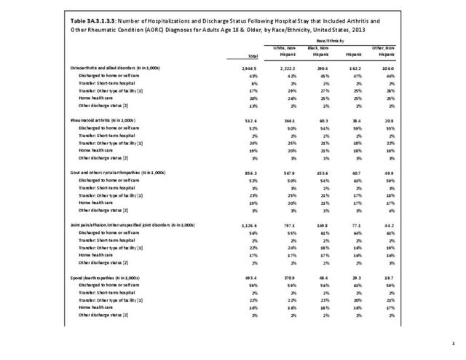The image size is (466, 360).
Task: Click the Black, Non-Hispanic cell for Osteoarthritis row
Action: click(x=331, y=68)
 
